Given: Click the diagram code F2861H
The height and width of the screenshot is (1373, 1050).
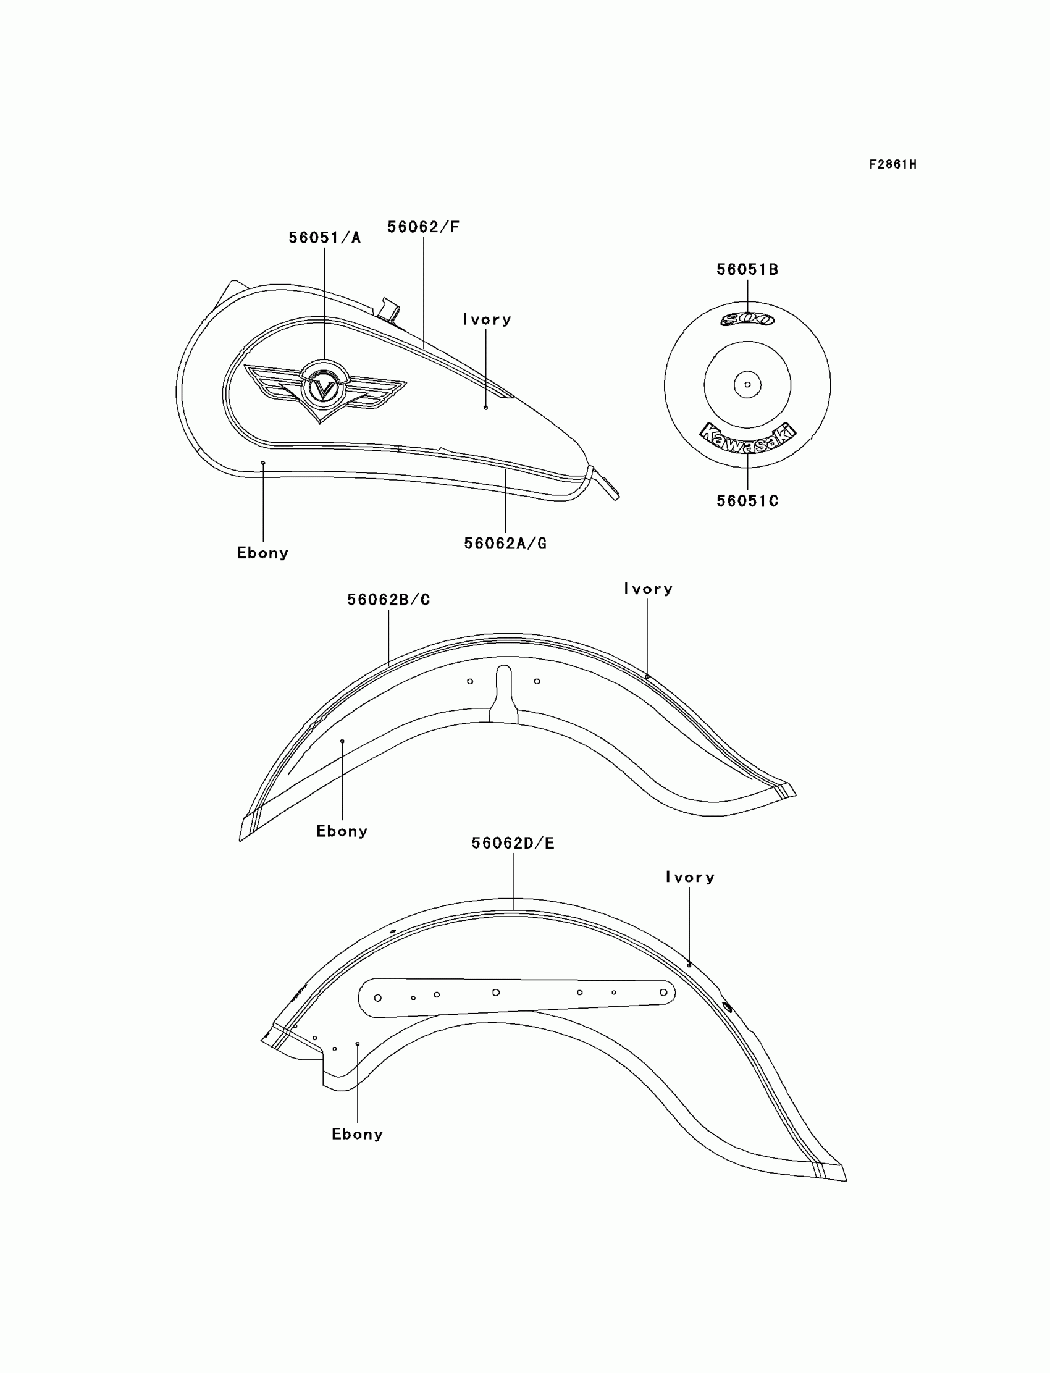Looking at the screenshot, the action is click(x=892, y=164).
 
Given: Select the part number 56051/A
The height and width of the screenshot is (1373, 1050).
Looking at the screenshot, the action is click(x=324, y=238).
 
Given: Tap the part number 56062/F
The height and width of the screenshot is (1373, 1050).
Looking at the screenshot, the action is click(x=423, y=227).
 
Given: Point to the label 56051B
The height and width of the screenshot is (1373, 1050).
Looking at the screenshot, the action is click(x=747, y=270).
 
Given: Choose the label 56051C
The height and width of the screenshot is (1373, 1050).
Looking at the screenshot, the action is click(x=747, y=501).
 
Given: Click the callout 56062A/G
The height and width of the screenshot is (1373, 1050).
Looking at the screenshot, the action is click(x=505, y=544).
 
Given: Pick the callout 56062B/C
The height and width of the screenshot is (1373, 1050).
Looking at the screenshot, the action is click(x=388, y=600).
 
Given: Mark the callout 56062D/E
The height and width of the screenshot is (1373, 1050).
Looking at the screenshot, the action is click(x=513, y=844).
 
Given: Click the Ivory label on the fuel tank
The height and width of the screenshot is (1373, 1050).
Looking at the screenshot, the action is click(x=487, y=320).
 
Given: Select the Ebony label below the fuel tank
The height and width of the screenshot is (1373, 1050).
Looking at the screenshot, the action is click(x=262, y=553).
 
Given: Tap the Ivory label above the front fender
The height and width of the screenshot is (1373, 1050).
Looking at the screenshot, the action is click(x=648, y=589).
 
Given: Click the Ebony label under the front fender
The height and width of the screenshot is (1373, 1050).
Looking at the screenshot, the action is click(x=342, y=831).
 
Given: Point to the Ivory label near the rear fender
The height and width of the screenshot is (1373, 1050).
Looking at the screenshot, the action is click(x=690, y=878).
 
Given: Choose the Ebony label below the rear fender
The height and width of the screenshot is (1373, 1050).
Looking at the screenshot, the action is click(x=357, y=1134).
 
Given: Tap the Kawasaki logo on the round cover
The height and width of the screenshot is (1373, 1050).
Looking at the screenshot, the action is click(x=747, y=437).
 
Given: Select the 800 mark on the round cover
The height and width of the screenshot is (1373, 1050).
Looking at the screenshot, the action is click(x=747, y=319).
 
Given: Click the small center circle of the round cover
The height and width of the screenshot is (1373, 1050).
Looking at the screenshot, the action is click(x=747, y=384).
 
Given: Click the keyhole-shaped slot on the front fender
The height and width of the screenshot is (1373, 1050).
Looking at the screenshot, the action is click(x=504, y=694).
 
